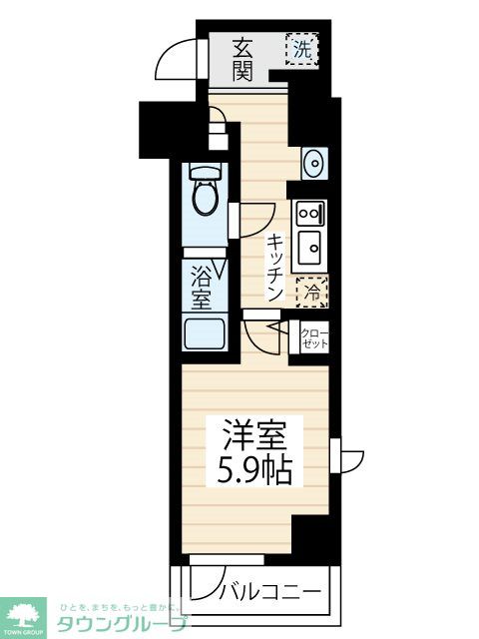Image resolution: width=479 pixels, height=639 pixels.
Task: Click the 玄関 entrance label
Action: coord(242,59)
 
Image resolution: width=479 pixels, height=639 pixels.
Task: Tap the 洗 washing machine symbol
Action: coord(301,47)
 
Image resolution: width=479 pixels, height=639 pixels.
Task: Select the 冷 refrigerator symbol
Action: coord(311,292)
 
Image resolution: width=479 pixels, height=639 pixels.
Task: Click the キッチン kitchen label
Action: coord(274,268)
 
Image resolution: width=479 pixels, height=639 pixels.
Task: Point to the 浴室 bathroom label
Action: coord(200,286)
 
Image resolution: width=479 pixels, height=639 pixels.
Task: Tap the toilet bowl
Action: coord(207,196)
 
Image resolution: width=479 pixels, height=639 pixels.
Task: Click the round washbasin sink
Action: coord(313,162)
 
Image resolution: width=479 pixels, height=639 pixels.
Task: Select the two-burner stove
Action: coord(307,213)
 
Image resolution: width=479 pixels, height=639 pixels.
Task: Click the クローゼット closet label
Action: coord(314,337)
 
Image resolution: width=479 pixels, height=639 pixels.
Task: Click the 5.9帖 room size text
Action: coord(255,470)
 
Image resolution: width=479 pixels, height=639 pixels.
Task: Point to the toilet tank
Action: coord(206,171)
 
